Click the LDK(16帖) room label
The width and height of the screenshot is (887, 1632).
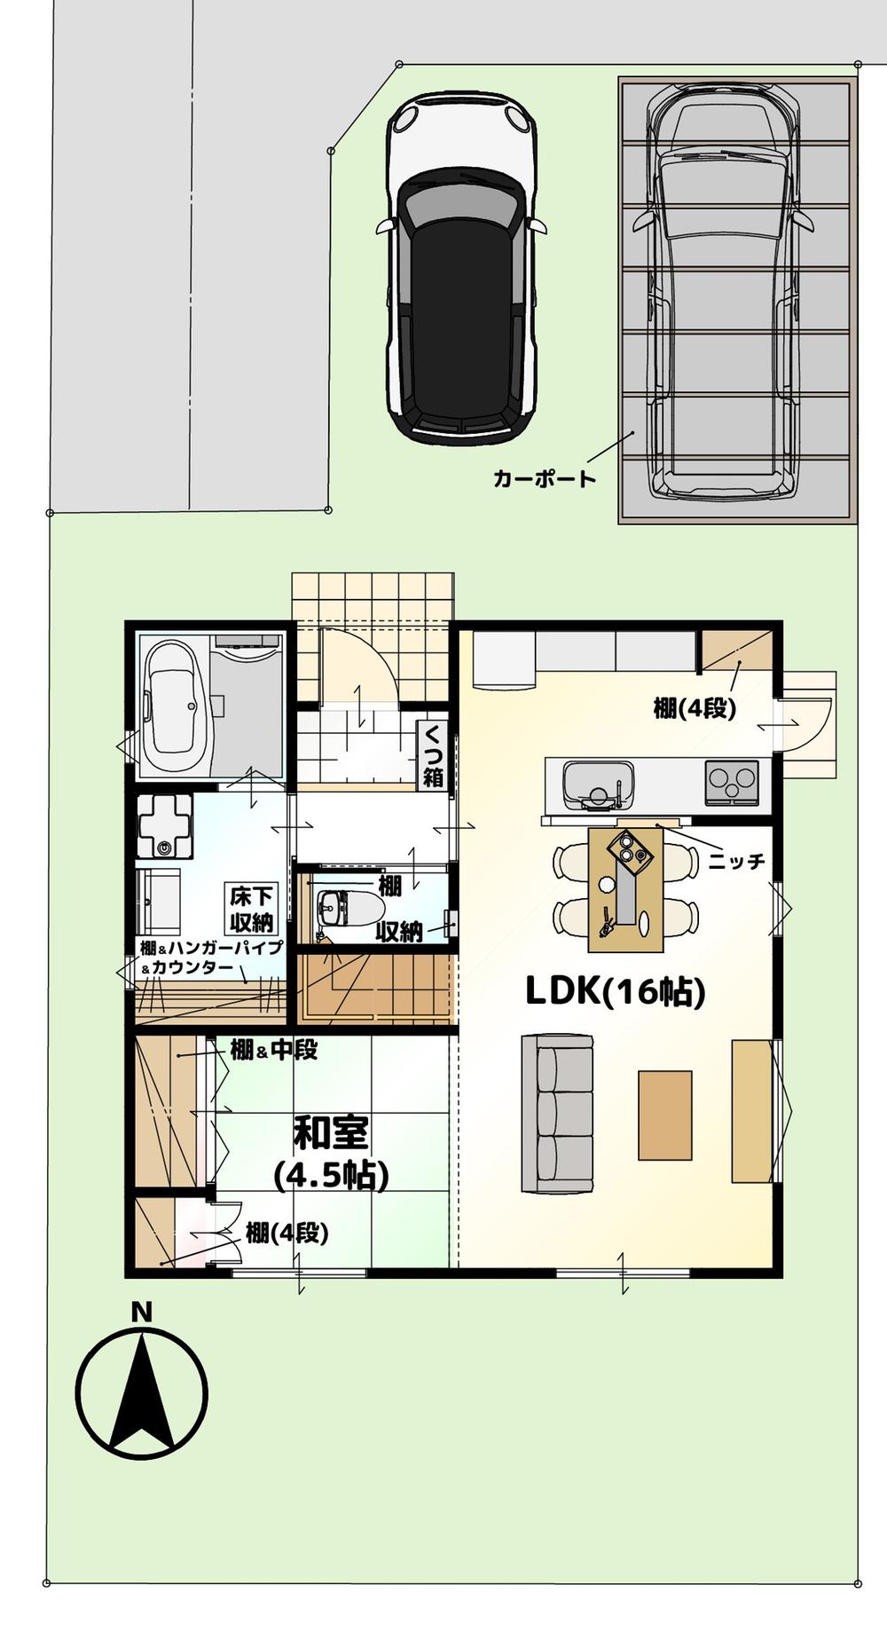(x=615, y=991)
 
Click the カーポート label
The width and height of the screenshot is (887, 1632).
(x=545, y=479)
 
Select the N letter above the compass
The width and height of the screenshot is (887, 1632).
(x=140, y=1312)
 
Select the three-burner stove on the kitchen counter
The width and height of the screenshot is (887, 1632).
(x=732, y=783)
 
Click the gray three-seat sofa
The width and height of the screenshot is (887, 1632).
(x=557, y=1114)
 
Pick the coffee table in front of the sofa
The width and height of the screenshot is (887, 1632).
(x=664, y=1115)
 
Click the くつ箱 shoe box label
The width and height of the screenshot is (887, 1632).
(x=433, y=755)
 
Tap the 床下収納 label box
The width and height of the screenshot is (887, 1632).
(x=251, y=909)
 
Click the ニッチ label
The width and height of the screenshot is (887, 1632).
(x=736, y=861)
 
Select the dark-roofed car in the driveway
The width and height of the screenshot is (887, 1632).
(x=461, y=266)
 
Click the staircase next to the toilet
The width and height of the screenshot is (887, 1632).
(x=377, y=987)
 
